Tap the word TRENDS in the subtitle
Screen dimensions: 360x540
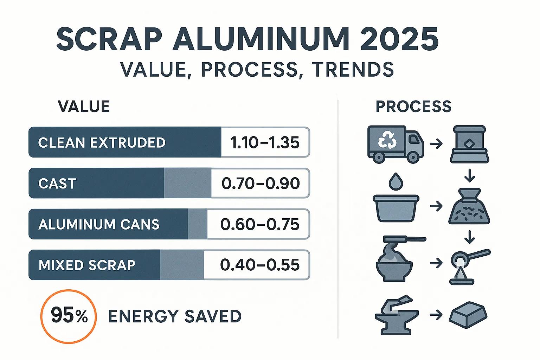pos(352,69)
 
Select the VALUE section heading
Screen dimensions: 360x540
pos(84,107)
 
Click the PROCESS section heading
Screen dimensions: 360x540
pos(413,107)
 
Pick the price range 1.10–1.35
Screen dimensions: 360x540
pos(265,143)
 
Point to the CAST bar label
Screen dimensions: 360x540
pos(57,184)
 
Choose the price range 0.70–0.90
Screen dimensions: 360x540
pos(261,184)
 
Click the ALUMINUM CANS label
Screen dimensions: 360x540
pos(99,224)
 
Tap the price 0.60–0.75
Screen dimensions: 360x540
pos(260,224)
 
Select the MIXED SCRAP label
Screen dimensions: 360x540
pos(87,265)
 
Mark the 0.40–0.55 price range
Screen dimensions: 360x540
pos(260,265)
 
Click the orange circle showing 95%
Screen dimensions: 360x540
pos(69,316)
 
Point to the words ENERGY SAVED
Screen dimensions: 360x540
pos(175,316)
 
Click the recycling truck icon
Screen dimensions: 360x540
pos(394,144)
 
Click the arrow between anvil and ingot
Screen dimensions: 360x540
pos(436,315)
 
